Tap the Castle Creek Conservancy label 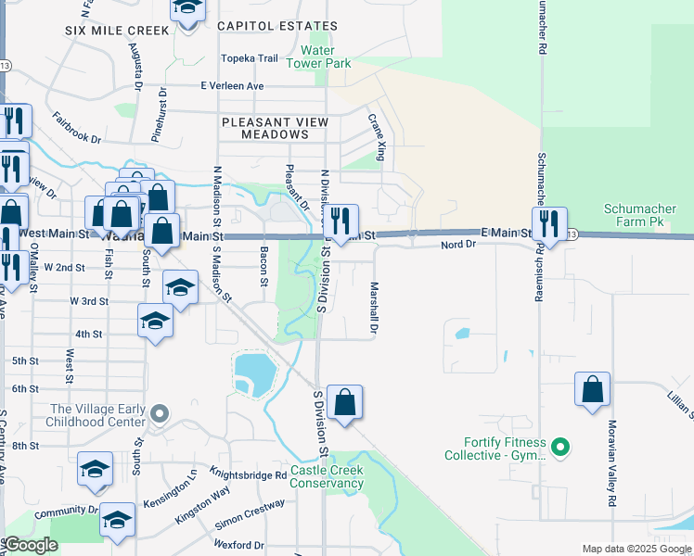coord(328,476)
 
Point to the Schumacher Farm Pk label coord(647,215)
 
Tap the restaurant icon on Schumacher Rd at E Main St coord(549,223)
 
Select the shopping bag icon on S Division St coord(344,402)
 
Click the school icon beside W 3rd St coord(180,287)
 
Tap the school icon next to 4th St coord(155,322)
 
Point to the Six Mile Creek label coord(117,31)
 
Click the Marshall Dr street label coord(375,308)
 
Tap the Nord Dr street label coord(457,245)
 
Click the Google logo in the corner coord(31,545)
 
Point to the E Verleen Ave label coord(232,86)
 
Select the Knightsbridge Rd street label coord(248,475)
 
